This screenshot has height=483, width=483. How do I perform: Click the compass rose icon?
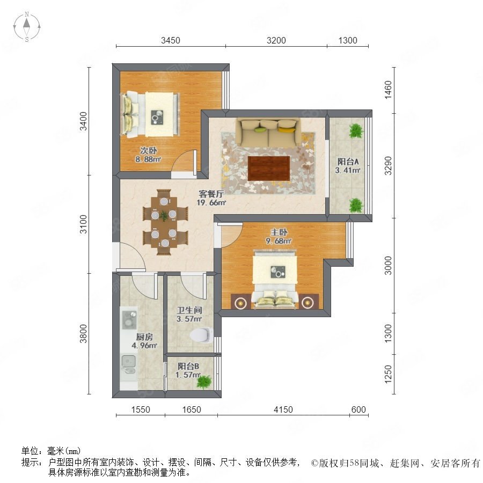click(x=27, y=27)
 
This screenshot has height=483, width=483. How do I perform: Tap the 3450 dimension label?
click(x=170, y=40)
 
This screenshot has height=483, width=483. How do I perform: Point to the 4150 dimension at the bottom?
click(x=283, y=409)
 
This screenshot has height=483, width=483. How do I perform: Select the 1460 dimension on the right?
click(x=388, y=90)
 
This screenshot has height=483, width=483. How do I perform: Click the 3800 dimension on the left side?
click(x=83, y=333)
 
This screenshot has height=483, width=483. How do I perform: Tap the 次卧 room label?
click(x=149, y=150)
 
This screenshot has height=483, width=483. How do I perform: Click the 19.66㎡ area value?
click(x=211, y=203)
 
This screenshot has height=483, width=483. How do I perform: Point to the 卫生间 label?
click(x=189, y=310)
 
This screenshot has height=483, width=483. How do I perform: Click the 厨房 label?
click(x=144, y=336)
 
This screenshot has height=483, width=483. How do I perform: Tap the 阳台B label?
click(x=188, y=366)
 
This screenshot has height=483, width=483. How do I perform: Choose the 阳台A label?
click(x=348, y=162)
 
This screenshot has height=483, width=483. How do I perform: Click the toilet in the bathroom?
click(x=201, y=335)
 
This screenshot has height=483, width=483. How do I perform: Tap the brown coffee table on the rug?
click(x=269, y=169)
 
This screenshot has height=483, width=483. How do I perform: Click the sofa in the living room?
click(x=268, y=133)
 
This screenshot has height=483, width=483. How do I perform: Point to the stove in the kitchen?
click(x=129, y=319)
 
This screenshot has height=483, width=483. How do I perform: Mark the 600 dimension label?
click(x=358, y=409)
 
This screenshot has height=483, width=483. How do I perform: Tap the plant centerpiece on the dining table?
click(x=164, y=216)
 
